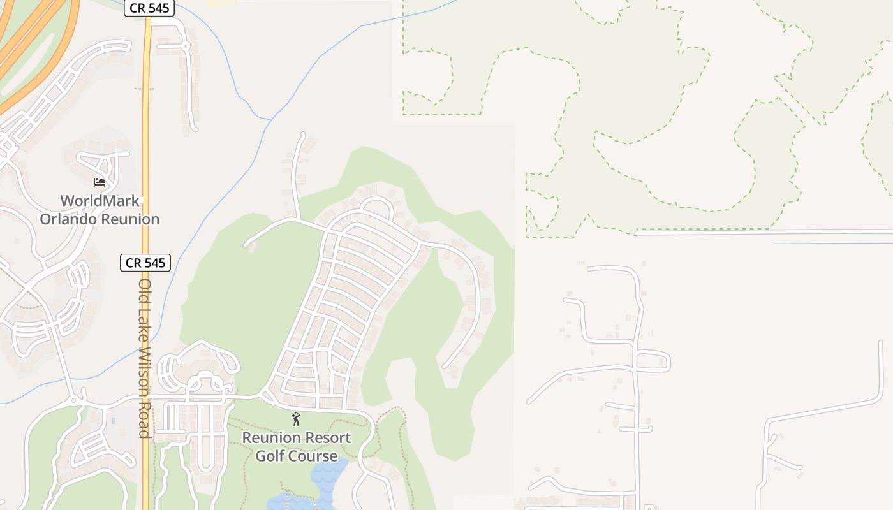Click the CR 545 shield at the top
149,8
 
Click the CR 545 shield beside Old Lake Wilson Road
145,263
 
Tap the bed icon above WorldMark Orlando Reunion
99,182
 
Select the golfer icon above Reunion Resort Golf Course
296,419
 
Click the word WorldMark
100,201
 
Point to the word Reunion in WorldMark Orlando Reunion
130,219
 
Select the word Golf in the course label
270,456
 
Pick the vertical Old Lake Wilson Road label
145,357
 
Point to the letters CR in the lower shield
133,263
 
